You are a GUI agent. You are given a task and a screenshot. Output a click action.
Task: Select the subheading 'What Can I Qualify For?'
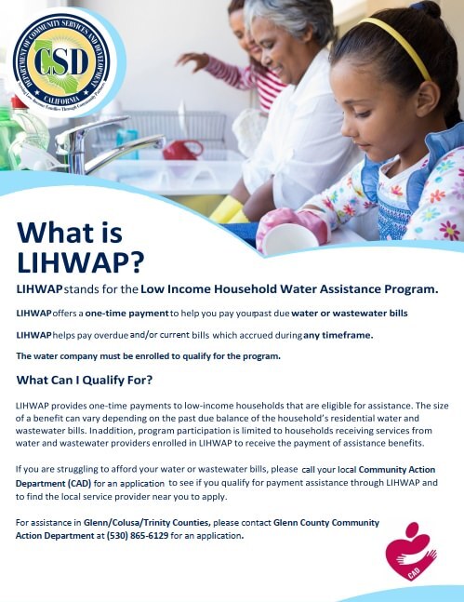coord(85,380)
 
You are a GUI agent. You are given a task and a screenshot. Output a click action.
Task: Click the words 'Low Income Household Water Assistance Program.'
coord(289,289)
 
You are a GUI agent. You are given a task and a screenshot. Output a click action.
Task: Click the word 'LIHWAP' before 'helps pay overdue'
coord(33,335)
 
